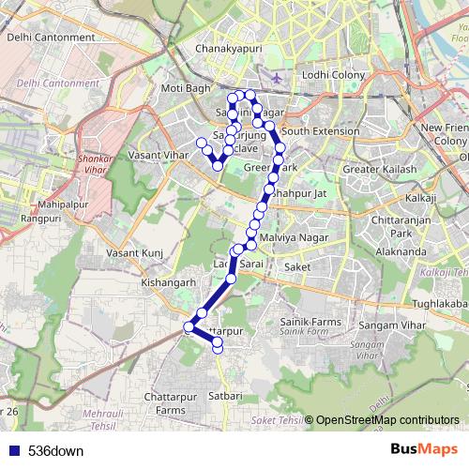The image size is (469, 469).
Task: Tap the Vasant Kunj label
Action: click(x=134, y=253)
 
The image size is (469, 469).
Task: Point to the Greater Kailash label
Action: click(x=378, y=170)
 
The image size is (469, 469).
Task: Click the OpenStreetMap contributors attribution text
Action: click(x=386, y=420)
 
